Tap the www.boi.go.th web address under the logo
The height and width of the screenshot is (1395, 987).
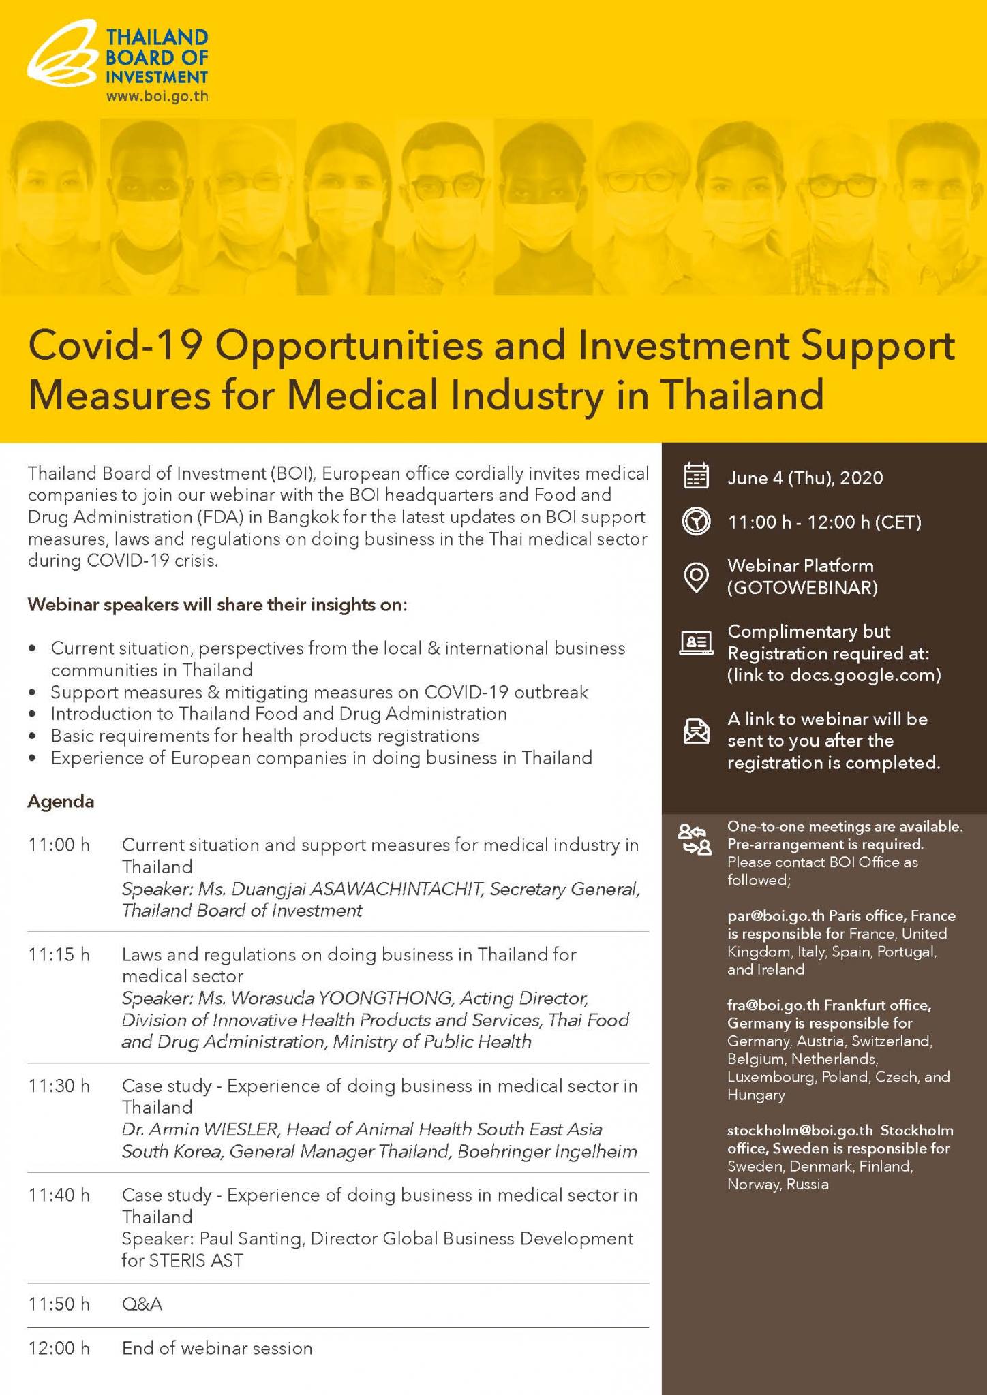[157, 96]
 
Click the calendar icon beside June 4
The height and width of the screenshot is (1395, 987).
[696, 477]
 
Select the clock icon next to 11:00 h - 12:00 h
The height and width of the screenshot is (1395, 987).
[696, 522]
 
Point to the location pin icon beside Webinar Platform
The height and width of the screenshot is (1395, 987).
[696, 577]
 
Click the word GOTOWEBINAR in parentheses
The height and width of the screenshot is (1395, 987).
[802, 588]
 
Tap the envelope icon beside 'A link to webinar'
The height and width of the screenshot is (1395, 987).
[696, 731]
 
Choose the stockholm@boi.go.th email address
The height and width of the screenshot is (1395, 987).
[800, 1131]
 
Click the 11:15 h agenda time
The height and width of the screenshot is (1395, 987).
[59, 955]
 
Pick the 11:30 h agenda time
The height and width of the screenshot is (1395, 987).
[59, 1086]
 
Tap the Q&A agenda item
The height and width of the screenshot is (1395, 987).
[142, 1304]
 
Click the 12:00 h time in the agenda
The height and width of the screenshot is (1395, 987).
[59, 1348]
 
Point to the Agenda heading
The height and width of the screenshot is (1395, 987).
[61, 802]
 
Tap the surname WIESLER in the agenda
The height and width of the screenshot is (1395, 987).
[241, 1129]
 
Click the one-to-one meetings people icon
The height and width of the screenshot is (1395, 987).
[694, 839]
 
